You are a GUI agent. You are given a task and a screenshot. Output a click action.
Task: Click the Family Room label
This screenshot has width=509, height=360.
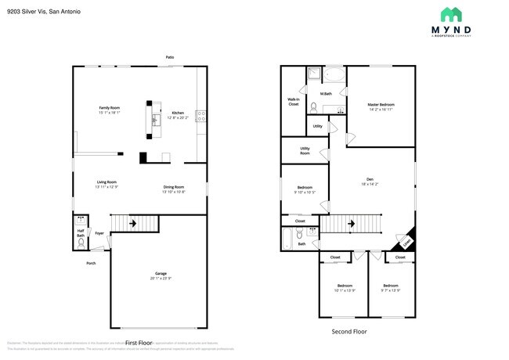pos(109,107)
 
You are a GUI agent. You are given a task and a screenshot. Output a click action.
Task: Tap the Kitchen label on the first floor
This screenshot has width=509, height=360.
pos(178,113)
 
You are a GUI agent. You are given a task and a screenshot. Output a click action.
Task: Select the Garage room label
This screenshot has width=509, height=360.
pos(159,274)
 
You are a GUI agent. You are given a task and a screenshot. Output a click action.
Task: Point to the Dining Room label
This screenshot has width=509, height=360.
pos(173,187)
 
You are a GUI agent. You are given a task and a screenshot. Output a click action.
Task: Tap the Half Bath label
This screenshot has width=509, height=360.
pos(81,232)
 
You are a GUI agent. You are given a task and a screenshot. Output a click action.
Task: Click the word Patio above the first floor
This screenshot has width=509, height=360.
pos(169,57)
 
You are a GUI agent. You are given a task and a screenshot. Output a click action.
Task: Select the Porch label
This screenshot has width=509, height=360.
pos(92,262)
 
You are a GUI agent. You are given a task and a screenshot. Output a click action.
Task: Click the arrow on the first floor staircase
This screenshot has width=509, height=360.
pos(132,224)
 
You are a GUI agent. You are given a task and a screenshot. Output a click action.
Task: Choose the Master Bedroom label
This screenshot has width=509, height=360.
pos(381,104)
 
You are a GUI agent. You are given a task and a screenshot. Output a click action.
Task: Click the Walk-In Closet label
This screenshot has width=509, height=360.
pos(294,102)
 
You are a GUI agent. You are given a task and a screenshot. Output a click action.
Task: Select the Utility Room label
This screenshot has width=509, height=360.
pos(305,150)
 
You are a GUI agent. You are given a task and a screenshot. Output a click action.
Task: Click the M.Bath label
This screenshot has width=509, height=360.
pos(326,94)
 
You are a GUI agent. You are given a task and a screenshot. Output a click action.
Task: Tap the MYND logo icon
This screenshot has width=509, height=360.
pos(451,15)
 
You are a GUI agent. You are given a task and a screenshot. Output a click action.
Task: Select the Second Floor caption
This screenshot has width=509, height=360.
pos(349,331)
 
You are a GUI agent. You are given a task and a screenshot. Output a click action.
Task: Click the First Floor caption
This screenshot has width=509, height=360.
pos(139,343)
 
